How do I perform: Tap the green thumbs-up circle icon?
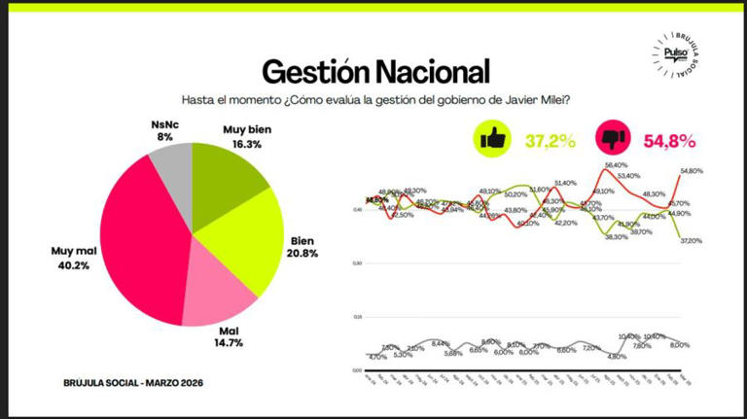pos(492,139)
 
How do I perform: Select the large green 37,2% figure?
pos(551,141)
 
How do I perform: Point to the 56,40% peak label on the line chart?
pos(617,166)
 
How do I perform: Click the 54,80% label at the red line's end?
pos(692,171)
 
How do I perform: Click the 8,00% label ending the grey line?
pos(680,345)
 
